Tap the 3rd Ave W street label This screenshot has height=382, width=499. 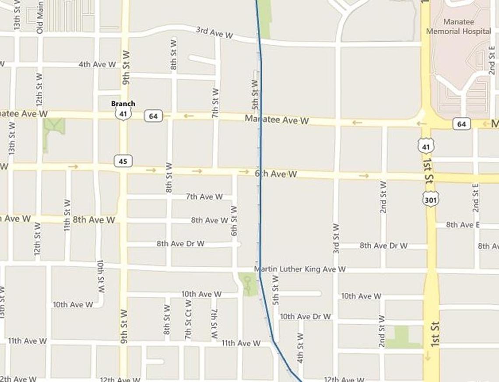coord(214,32)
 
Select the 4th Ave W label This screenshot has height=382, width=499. coord(97,64)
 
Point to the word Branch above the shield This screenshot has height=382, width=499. coord(123,104)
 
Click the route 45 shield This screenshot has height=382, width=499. coord(123,161)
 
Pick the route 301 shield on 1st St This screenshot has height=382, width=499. coord(431,200)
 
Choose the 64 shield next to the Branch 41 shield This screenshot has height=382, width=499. coord(153,116)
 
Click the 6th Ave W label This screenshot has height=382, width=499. coord(276,174)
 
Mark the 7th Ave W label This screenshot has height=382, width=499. coord(204,197)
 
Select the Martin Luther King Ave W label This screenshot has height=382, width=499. coord(300,269)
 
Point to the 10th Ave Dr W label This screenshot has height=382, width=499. coord(305,316)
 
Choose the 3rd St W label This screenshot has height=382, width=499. coord(336,238)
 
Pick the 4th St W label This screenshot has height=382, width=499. coord(300,348)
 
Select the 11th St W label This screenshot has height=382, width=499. coord(67,215)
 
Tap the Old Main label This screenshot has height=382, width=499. coord(40,17)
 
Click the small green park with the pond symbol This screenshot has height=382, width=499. coord(249,285)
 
